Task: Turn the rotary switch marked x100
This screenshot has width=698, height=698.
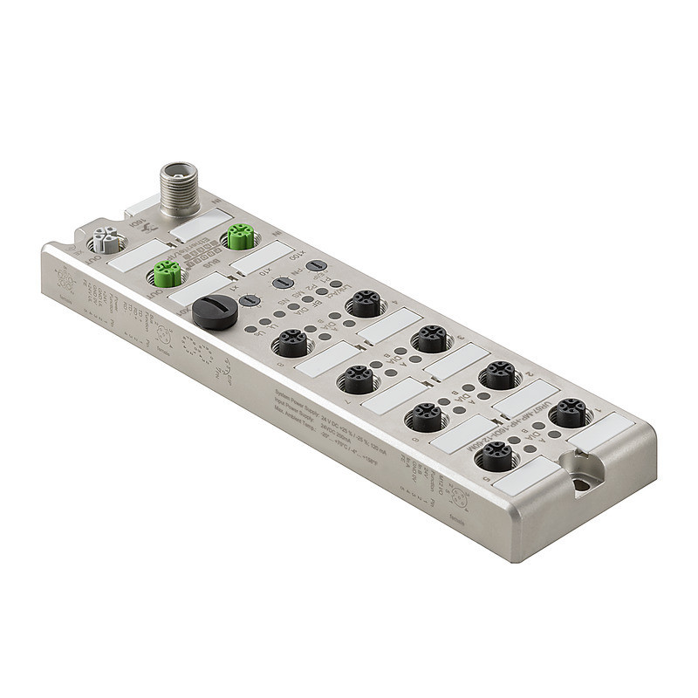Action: click(x=317, y=266)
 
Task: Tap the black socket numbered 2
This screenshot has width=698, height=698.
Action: click(x=499, y=374)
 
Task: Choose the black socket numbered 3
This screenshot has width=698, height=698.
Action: click(x=429, y=339)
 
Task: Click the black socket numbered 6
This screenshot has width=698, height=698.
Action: click(x=426, y=416)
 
